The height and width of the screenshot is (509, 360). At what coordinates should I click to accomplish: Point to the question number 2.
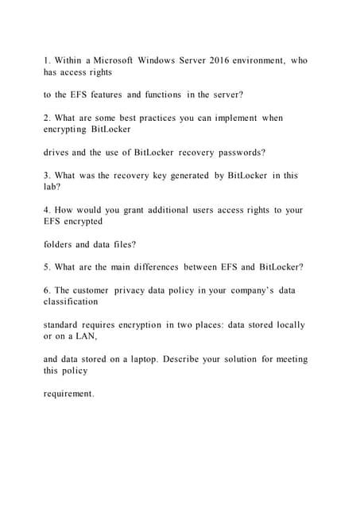[x=46, y=118]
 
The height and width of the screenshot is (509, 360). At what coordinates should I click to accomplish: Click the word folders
[x=60, y=244]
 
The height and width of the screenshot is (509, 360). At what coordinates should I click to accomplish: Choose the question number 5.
[x=46, y=267]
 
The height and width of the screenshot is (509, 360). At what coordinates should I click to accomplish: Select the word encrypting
[x=68, y=129]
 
